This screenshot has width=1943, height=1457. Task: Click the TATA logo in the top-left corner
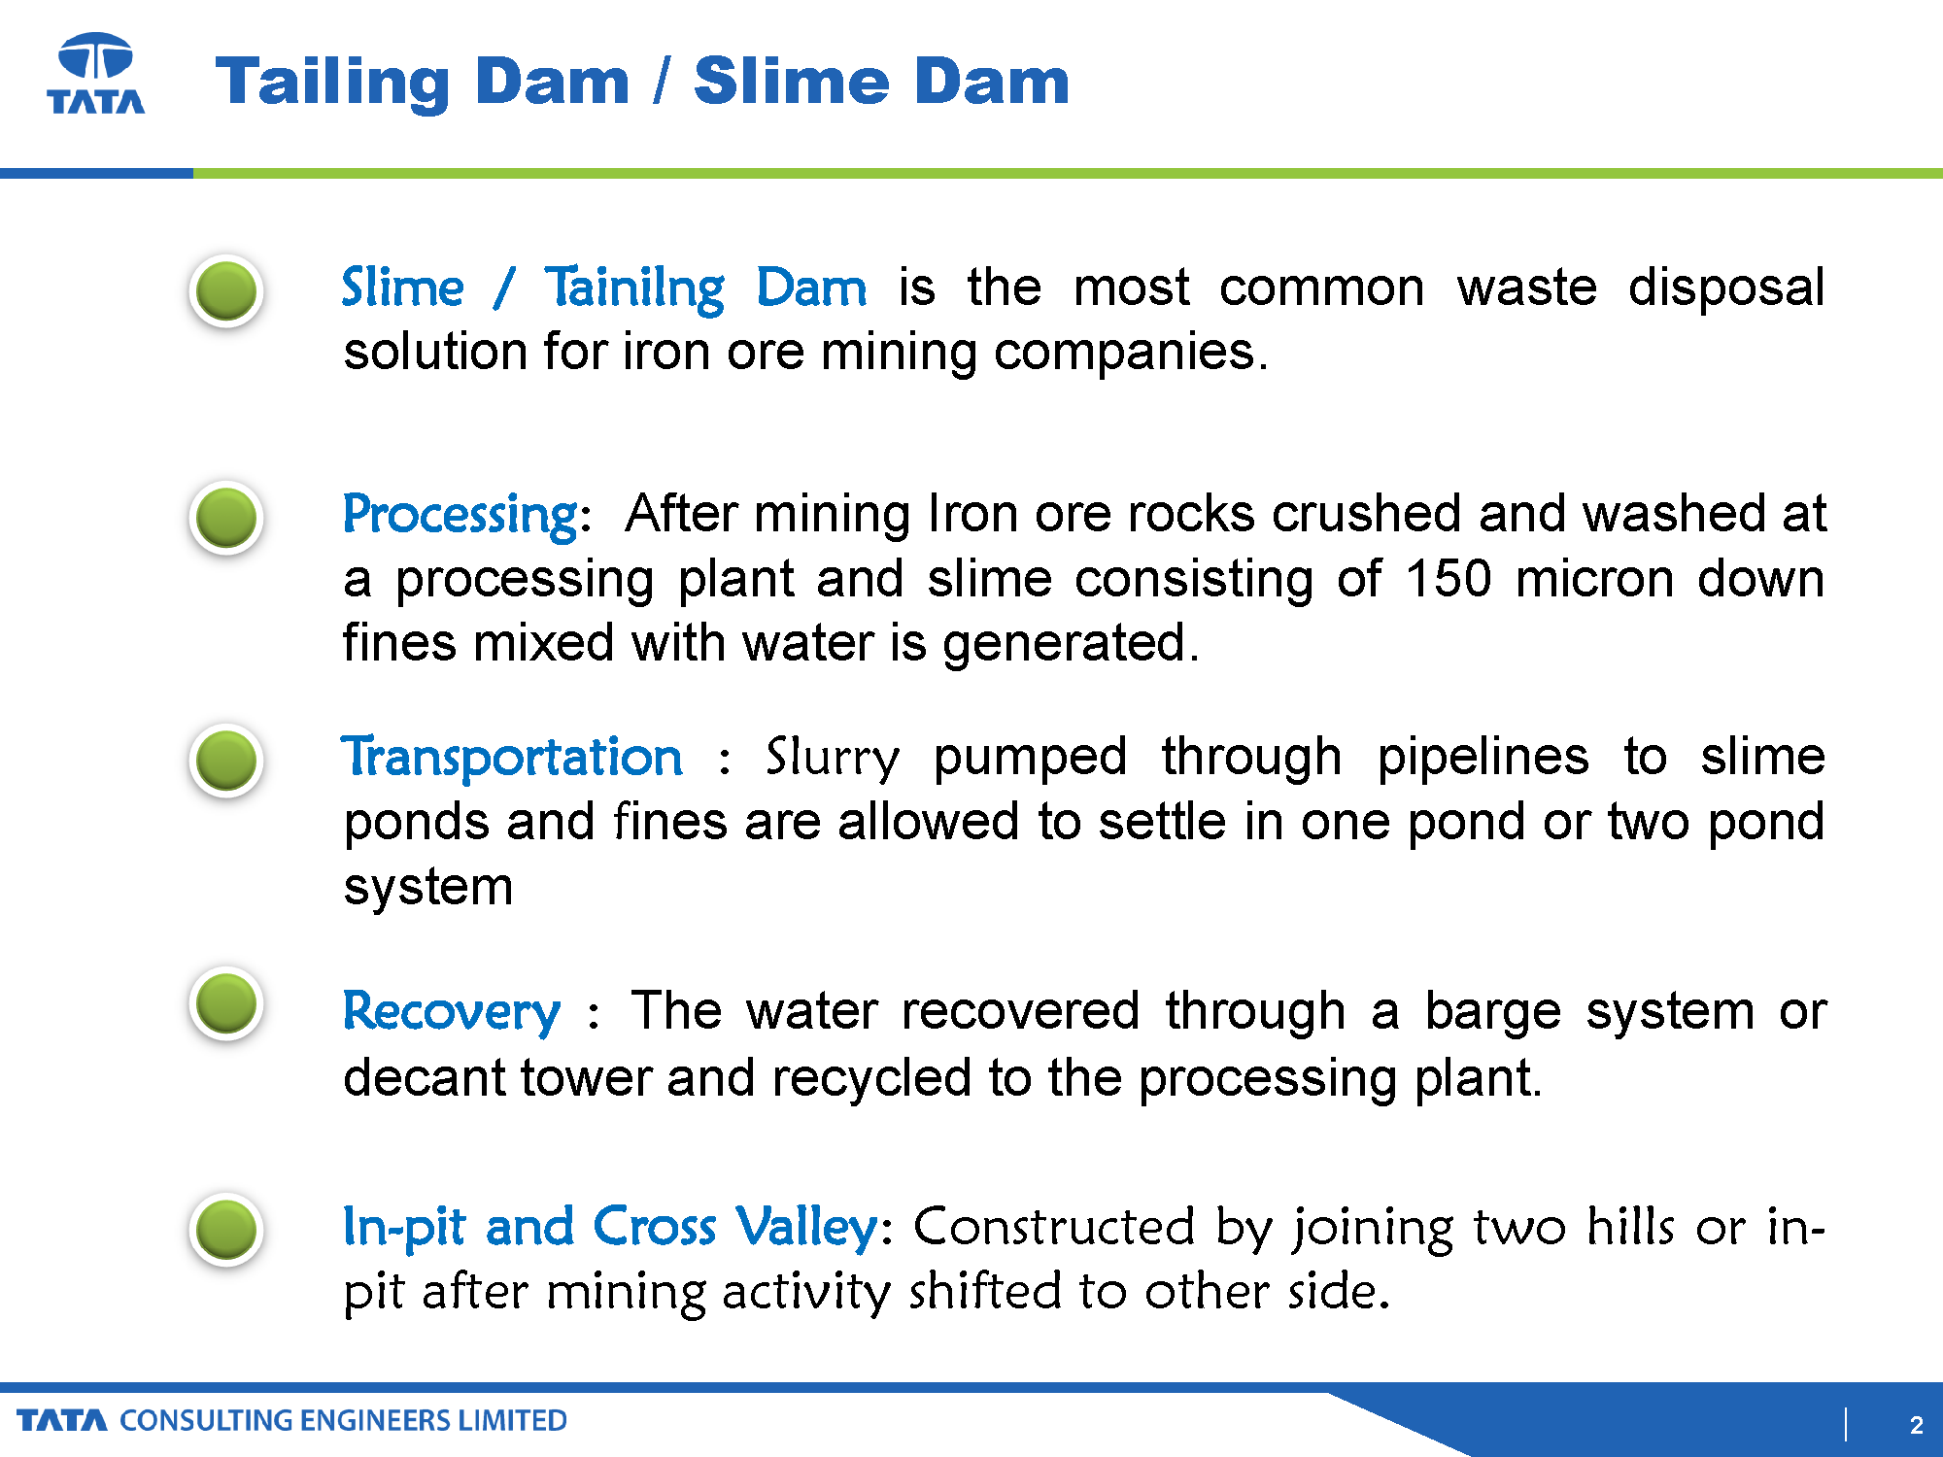96,74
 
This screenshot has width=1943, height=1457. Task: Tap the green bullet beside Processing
226,518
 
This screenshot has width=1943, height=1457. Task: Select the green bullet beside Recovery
226,1004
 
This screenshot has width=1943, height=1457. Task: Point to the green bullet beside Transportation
226,761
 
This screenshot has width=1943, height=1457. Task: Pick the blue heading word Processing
461,515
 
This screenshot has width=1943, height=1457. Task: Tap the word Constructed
1054,1227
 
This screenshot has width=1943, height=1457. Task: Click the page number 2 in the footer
1916,1425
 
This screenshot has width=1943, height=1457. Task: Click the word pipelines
1483,758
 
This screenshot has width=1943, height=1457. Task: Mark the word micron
1595,578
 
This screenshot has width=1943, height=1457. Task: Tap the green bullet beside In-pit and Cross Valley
226,1230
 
